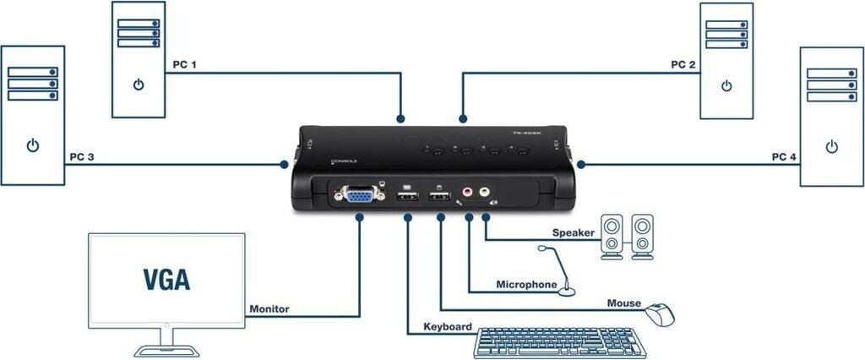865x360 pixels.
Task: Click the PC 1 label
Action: click(x=183, y=64)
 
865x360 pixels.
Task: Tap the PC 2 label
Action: click(x=683, y=64)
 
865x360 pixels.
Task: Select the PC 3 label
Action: click(x=82, y=157)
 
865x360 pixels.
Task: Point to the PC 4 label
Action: click(x=784, y=157)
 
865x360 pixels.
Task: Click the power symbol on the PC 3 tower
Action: click(x=32, y=145)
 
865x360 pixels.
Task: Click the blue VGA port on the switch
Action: click(x=358, y=197)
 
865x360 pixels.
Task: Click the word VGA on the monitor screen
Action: click(x=166, y=279)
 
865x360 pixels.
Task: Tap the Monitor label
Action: click(x=269, y=309)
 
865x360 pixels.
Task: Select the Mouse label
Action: click(x=624, y=303)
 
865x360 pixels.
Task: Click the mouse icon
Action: click(x=661, y=314)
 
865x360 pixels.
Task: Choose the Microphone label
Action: click(x=526, y=285)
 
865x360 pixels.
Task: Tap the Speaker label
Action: click(x=574, y=232)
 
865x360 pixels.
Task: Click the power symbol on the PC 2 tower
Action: click(x=726, y=85)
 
